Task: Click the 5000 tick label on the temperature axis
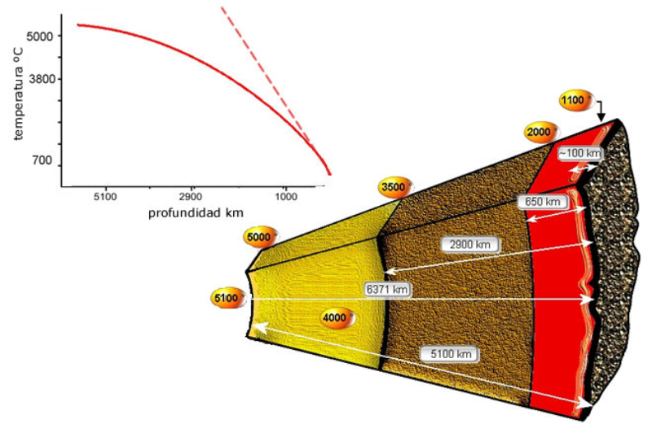coord(40,37)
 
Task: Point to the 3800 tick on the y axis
coord(40,80)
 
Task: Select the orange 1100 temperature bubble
coord(575,100)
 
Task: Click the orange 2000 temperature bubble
coord(540,133)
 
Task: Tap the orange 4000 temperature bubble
coord(336,318)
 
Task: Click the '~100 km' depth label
coord(579,153)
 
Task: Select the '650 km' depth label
coord(540,200)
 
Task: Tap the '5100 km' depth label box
coord(449,354)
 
